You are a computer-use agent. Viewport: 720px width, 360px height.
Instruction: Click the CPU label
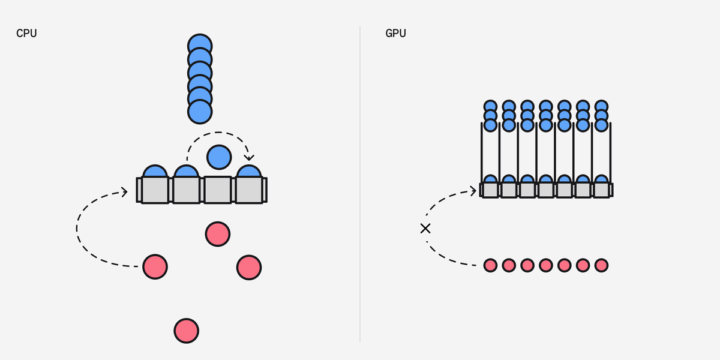(26, 34)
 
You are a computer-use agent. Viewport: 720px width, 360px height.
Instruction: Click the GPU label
(395, 34)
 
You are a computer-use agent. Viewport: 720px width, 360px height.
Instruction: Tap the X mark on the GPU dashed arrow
(425, 228)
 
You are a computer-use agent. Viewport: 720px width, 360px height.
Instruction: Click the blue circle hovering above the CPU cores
(218, 157)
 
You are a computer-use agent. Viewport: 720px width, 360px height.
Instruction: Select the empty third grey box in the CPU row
(218, 190)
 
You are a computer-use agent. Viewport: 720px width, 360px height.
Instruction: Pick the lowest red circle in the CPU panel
(186, 330)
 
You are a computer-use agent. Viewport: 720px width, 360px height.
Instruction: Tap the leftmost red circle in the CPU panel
(155, 266)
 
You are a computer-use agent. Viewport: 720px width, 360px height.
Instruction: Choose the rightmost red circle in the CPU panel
(248, 267)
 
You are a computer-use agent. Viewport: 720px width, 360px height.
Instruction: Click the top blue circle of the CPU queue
(200, 45)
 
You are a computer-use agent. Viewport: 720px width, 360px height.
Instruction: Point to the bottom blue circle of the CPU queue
(200, 111)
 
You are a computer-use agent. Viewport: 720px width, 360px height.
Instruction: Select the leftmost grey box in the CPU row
(155, 190)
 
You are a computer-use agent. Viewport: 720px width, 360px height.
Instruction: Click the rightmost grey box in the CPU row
(249, 190)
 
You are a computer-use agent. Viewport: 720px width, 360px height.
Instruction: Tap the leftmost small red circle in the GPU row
(490, 265)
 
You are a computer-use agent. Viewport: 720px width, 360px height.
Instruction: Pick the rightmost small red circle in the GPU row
(601, 265)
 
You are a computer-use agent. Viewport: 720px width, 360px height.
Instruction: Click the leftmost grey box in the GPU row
(490, 190)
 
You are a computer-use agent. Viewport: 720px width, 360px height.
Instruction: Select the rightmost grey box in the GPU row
(601, 190)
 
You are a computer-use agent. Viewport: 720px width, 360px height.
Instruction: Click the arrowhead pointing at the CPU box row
(125, 191)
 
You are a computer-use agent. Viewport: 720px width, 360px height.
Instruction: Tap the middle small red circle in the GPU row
(545, 265)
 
